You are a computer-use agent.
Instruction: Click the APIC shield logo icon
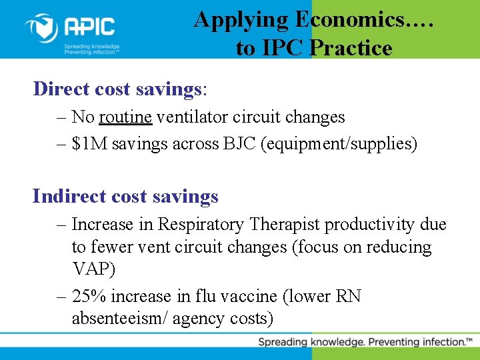pos(41,28)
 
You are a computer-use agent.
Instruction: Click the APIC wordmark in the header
pos(89,27)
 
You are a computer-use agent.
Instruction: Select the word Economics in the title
pos(349,19)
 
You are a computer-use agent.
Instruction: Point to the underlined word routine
pos(125,117)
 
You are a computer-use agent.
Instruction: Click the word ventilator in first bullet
pos(190,117)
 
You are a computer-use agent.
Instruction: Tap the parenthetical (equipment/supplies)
pos(339,144)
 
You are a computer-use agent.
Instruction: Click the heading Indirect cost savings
pos(125,196)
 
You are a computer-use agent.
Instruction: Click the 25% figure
pos(90,296)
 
